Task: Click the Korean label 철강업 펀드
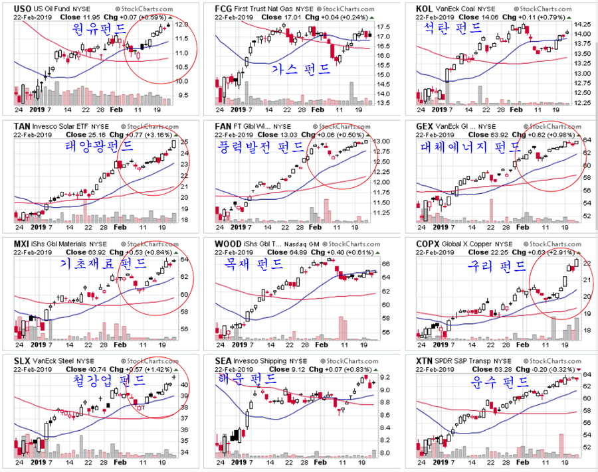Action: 109,380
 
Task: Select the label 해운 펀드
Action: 247,379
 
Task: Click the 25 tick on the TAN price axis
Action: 184,141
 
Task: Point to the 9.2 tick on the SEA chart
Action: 383,377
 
